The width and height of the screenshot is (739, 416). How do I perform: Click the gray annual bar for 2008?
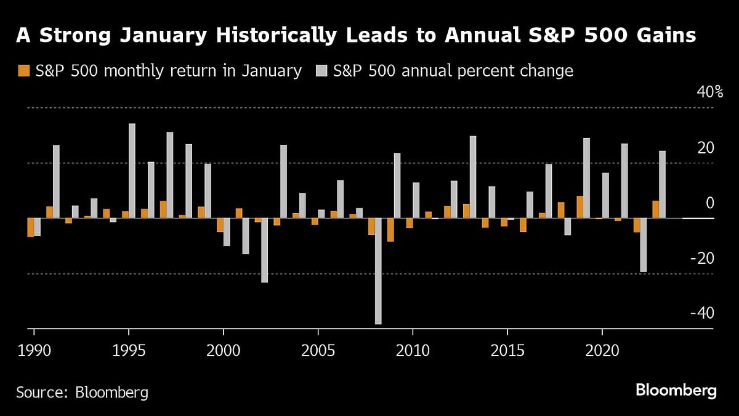point(378,271)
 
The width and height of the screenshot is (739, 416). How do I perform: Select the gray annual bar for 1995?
point(132,171)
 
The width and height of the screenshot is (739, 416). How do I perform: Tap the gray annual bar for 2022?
point(643,245)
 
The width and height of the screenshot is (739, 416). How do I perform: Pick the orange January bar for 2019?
point(580,207)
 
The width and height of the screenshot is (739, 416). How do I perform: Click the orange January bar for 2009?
point(390,229)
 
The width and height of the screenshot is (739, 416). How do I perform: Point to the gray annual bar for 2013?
point(473,177)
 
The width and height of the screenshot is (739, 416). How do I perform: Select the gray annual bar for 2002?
point(265,250)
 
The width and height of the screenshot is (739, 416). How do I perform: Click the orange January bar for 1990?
point(31,227)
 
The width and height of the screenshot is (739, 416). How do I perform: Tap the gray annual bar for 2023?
point(662,184)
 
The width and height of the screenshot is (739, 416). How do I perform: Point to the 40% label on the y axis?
point(709,93)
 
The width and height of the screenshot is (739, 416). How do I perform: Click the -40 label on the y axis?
point(702,313)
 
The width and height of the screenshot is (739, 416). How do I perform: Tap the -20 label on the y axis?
point(702,258)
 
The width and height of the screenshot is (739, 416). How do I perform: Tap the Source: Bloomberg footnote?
point(82,392)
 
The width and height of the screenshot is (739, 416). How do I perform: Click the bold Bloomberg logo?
point(676,391)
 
